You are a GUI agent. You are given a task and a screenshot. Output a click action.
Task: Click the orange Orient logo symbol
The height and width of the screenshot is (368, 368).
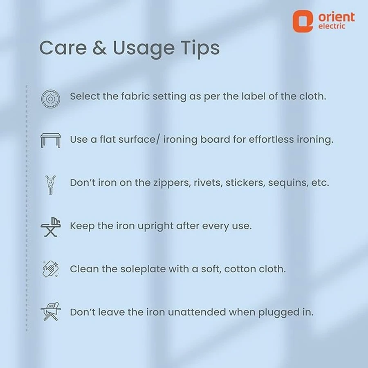[x=303, y=21]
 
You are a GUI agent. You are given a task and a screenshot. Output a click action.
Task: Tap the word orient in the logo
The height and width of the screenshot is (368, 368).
[x=337, y=17]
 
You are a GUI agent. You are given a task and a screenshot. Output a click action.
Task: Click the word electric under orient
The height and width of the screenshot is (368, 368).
[x=332, y=26]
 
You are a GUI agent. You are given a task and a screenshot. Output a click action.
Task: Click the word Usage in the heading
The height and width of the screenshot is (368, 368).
[x=144, y=49]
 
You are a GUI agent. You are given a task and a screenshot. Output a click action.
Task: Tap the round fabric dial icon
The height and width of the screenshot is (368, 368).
[x=50, y=99]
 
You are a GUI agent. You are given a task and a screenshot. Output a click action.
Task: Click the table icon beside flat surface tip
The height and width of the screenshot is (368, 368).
[x=50, y=140]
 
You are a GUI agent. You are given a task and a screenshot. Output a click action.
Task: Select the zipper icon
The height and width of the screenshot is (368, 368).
[x=50, y=184]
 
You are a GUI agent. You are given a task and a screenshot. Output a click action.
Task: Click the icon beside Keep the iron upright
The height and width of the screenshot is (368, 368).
[x=50, y=227]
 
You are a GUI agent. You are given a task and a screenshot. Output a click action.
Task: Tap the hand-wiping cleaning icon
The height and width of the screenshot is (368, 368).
[x=50, y=269]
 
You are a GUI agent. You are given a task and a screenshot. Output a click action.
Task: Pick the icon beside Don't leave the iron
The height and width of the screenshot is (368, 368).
[x=50, y=311]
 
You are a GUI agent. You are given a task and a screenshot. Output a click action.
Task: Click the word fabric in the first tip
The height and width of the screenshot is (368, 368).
[x=135, y=96]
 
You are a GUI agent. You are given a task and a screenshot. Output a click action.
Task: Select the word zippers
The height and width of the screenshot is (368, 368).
[x=172, y=183]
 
